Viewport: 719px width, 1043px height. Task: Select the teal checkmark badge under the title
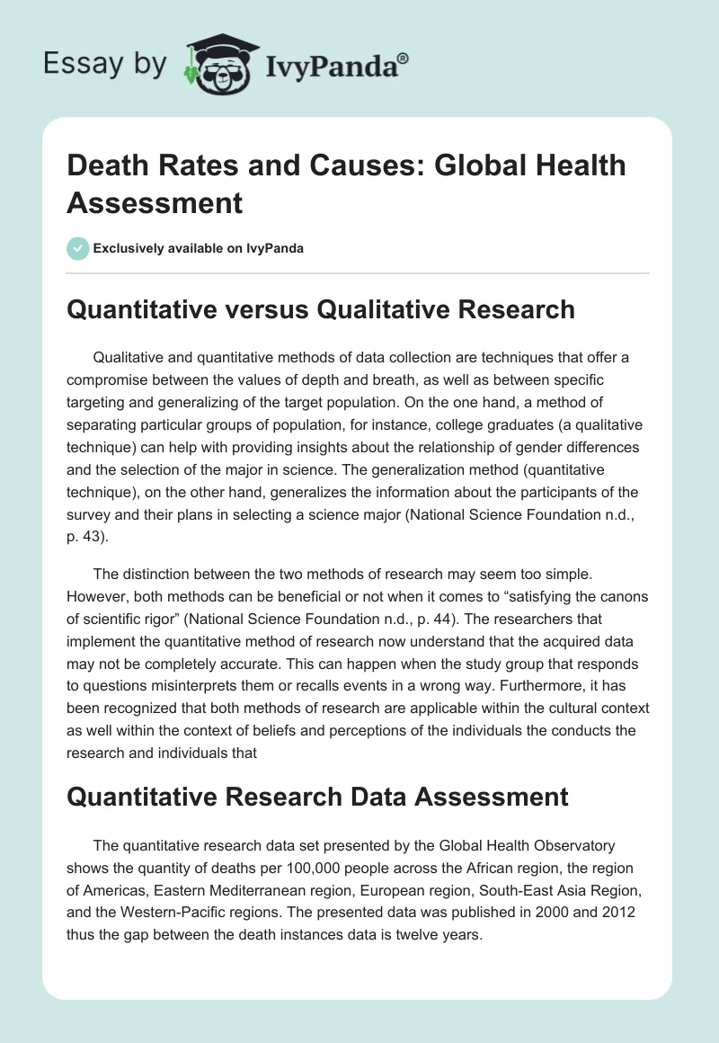point(78,248)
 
